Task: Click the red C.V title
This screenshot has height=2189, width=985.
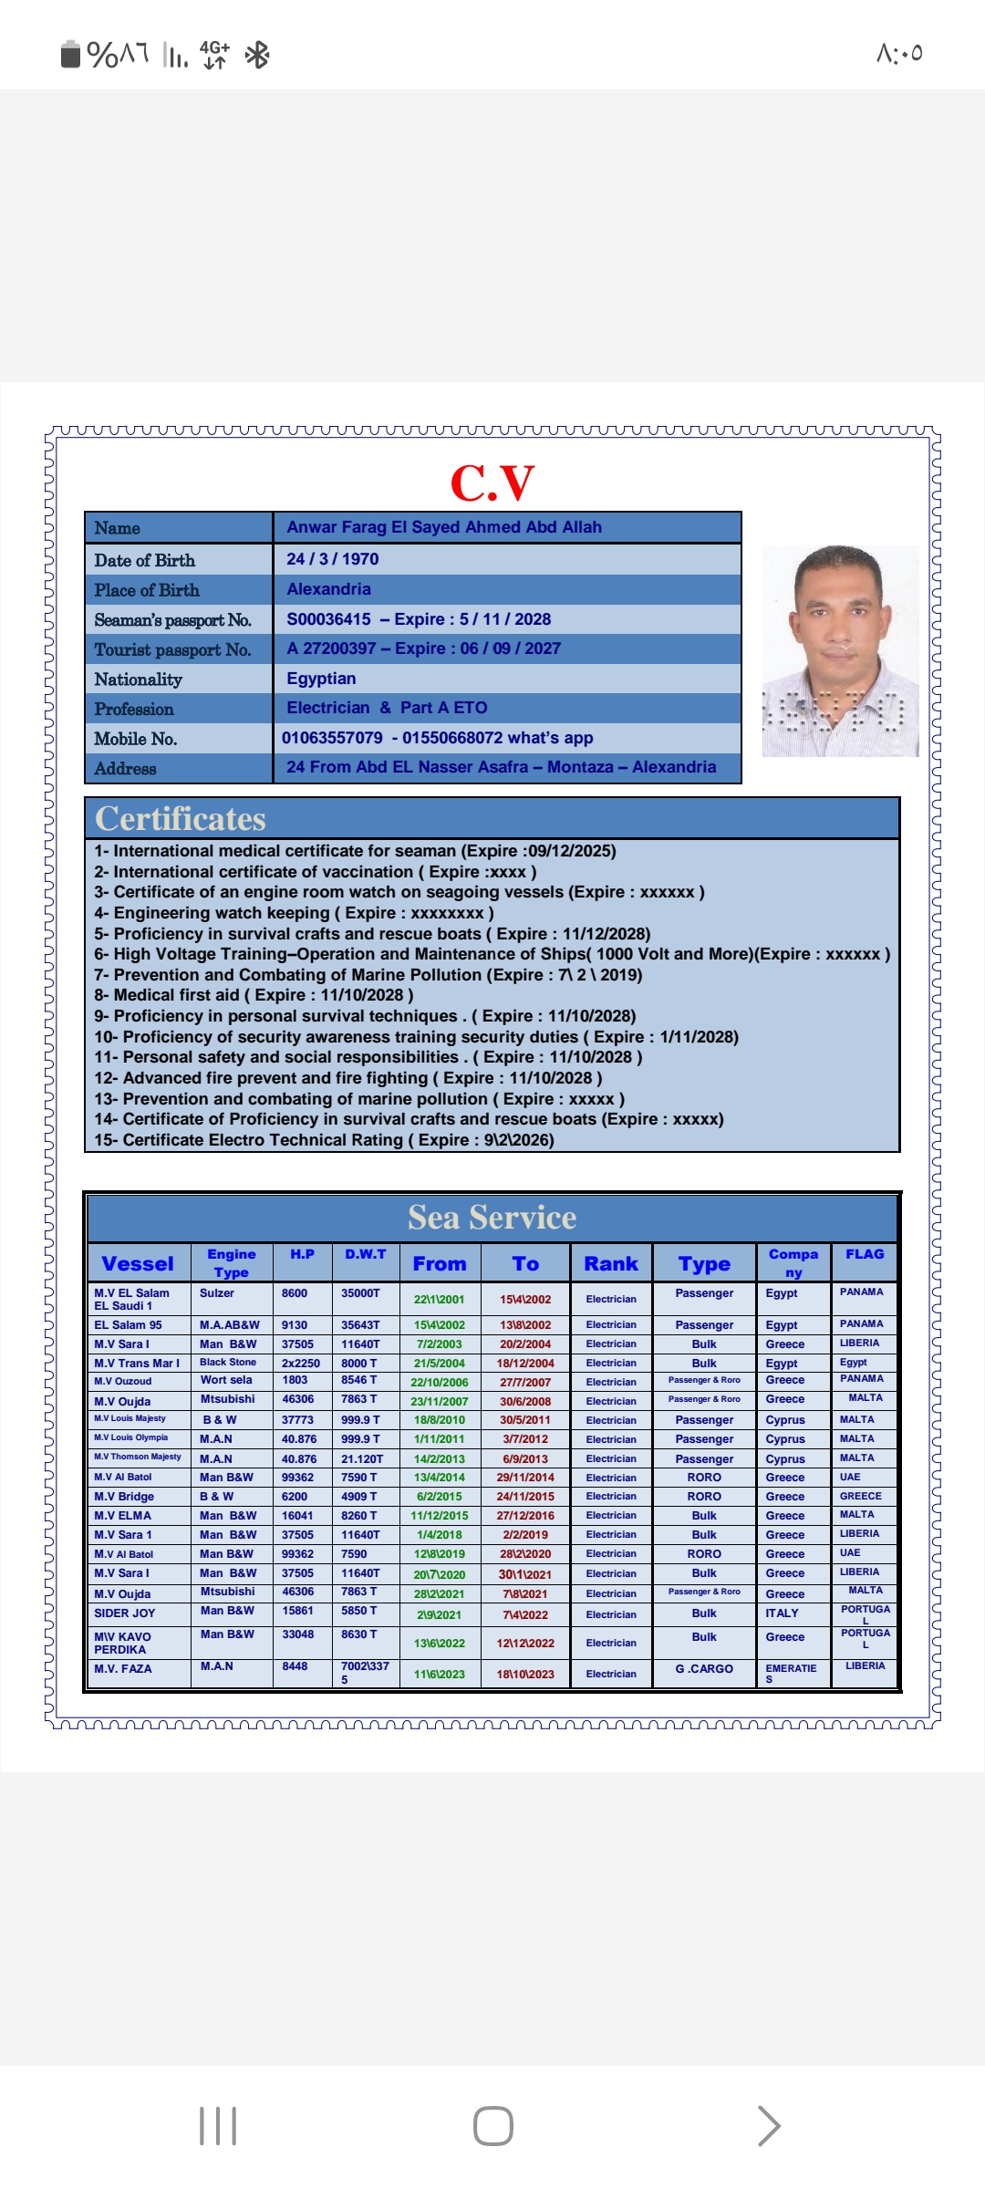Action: point(493,482)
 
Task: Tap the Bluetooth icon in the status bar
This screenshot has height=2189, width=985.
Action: point(257,56)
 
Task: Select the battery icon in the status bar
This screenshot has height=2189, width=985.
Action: point(70,55)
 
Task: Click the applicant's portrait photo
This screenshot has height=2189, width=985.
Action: point(840,650)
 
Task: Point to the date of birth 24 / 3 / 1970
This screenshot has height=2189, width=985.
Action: point(332,559)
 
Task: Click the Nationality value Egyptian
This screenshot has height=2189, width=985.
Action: point(321,679)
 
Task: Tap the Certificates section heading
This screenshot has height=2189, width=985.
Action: point(181,819)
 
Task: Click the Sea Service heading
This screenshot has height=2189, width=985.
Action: point(492,1218)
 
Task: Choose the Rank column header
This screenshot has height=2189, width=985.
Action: point(611,1264)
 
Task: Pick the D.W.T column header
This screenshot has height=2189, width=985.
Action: point(365,1255)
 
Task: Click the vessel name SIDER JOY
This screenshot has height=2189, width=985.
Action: point(125,1613)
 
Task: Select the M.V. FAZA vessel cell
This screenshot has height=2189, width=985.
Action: point(123,1669)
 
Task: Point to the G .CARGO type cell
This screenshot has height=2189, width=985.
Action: point(704,1669)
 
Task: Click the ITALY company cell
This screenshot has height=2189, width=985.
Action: point(782,1613)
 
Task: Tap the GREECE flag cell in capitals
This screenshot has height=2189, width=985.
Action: point(860,1497)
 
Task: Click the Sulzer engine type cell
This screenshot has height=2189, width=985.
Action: point(217,1293)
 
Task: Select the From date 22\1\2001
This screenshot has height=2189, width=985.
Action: point(439,1300)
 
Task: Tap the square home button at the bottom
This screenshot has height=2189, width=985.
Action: point(493,2126)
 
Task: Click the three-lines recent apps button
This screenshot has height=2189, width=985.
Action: point(218,2126)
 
